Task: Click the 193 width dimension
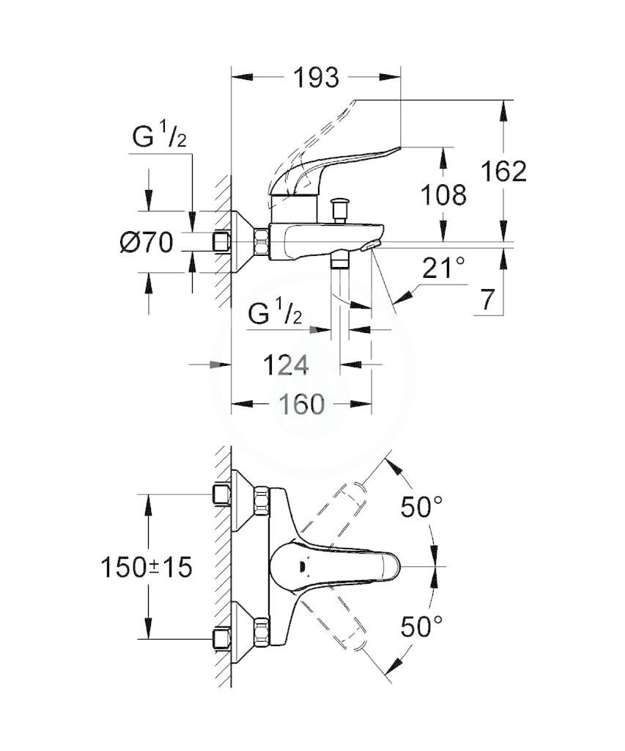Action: pyautogui.click(x=316, y=78)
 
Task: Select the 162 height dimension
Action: pyautogui.click(x=503, y=171)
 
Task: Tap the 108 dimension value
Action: pyautogui.click(x=443, y=195)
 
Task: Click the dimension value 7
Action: pyautogui.click(x=487, y=300)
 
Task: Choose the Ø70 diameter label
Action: pyautogui.click(x=147, y=242)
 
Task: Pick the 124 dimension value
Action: pyautogui.click(x=286, y=365)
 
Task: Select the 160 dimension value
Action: pyautogui.click(x=303, y=404)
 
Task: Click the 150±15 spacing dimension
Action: pyautogui.click(x=147, y=568)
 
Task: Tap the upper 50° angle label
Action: pyautogui.click(x=421, y=507)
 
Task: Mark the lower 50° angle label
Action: pyautogui.click(x=421, y=626)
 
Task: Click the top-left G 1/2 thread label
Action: pyautogui.click(x=159, y=135)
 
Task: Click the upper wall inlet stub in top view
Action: pyautogui.click(x=221, y=494)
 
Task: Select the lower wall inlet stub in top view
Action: pyautogui.click(x=221, y=639)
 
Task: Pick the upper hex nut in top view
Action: pyautogui.click(x=262, y=500)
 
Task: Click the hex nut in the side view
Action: pyautogui.click(x=262, y=241)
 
